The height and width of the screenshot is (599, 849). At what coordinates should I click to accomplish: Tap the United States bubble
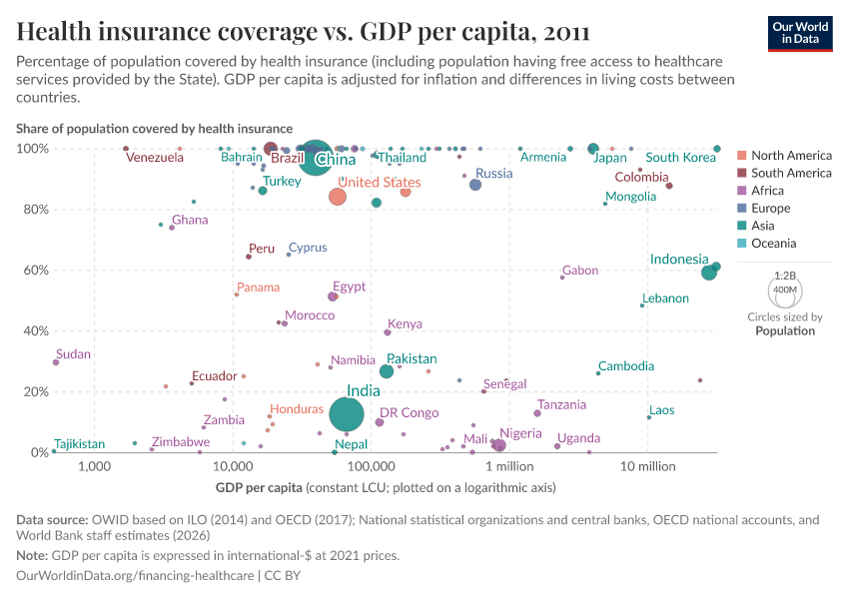coord(338,197)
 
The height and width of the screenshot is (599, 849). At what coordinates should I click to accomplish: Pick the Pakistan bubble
coord(387,371)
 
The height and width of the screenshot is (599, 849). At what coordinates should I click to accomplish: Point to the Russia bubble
coord(475,185)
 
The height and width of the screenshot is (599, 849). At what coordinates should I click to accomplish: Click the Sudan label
coord(73,354)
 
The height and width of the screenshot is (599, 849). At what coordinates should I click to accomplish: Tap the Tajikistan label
coord(79,443)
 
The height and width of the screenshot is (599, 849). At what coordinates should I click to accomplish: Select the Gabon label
coord(580,271)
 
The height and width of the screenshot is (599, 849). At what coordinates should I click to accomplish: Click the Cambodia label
coord(626,366)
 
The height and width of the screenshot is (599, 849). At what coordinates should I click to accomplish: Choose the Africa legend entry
coord(768,191)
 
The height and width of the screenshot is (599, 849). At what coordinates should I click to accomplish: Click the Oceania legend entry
coord(774,244)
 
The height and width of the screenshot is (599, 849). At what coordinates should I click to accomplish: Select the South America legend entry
coord(790,173)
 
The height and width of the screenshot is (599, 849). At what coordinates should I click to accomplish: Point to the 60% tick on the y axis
coord(34,271)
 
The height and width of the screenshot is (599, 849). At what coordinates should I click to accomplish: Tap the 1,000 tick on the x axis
coord(94,467)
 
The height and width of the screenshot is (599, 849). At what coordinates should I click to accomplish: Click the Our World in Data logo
coord(800,33)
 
